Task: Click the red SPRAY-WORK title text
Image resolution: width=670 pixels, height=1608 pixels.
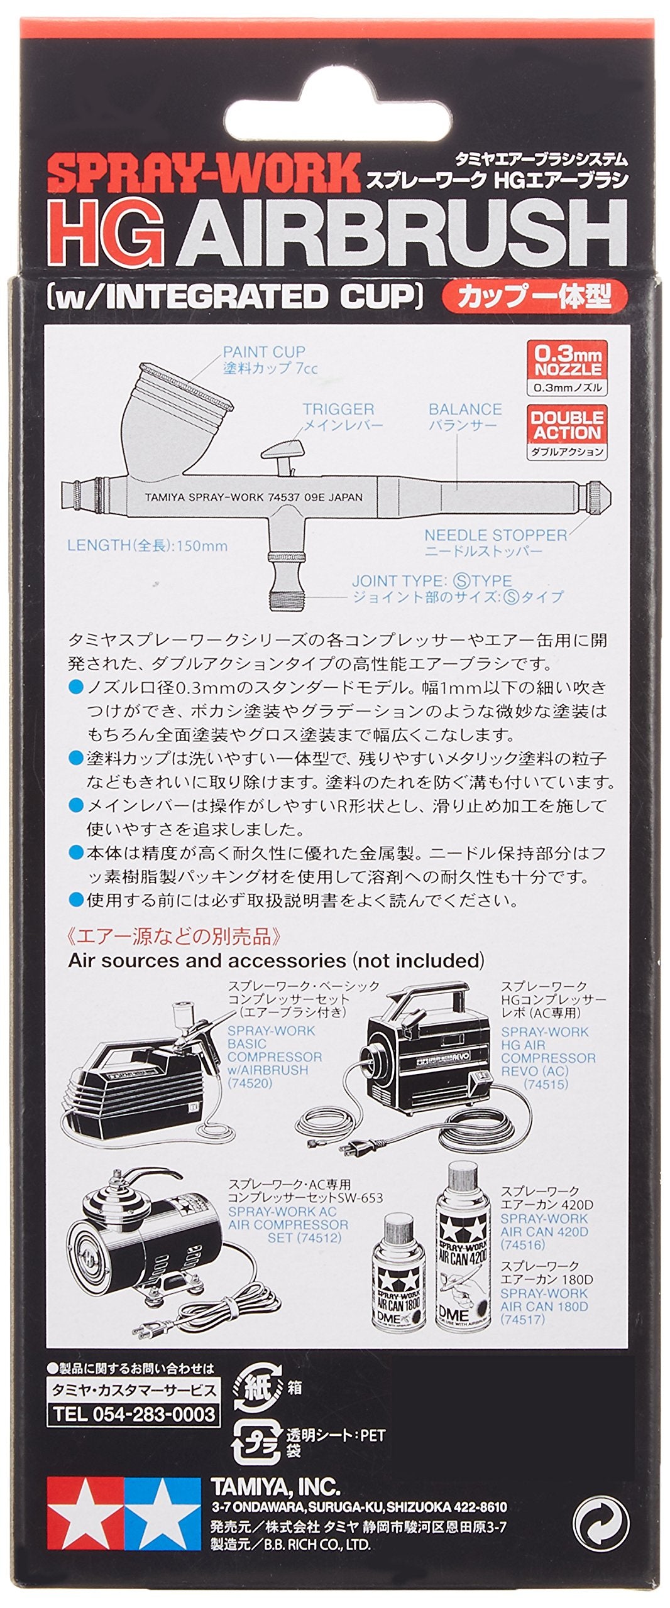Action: [x=202, y=174]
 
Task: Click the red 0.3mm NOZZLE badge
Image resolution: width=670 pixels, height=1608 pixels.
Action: [x=567, y=362]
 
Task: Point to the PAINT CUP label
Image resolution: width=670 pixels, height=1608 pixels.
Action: [x=264, y=352]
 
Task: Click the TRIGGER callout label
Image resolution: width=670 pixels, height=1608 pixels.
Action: [x=338, y=410]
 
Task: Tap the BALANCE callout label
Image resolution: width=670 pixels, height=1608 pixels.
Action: [x=465, y=410]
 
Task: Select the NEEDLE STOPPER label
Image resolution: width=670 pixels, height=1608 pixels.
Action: [x=495, y=535]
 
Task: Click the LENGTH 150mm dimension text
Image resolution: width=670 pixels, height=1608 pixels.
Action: [x=147, y=545]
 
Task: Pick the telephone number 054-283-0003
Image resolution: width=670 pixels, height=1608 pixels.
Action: [x=134, y=1414]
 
